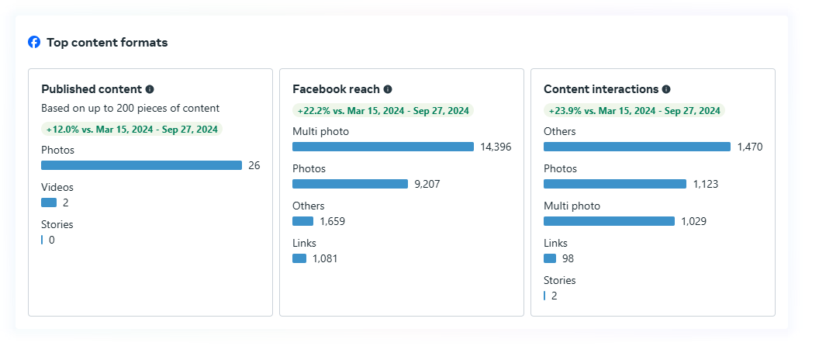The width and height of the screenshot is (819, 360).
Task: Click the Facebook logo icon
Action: pos(34,42)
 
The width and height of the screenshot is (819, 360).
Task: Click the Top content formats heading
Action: pos(107,43)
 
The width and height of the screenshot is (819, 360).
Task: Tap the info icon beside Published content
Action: pos(150,89)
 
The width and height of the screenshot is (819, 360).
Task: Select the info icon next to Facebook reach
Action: pos(388,89)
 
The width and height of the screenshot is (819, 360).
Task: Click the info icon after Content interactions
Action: pos(666,89)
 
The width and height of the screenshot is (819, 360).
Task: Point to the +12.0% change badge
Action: pos(132,130)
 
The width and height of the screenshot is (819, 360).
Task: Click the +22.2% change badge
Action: pos(383,111)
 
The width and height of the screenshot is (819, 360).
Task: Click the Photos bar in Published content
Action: pos(141,165)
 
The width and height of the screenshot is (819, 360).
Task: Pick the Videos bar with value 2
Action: pos(49,202)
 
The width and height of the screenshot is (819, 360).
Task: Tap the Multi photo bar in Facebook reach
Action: pos(382,147)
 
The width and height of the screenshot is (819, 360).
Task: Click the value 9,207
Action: pos(428,184)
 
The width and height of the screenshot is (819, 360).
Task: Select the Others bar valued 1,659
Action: pos(302,221)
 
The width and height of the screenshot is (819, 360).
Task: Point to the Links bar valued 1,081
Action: pos(299,258)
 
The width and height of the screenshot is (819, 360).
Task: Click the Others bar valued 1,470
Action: pos(637,147)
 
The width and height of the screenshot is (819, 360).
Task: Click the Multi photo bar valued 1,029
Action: pos(609,221)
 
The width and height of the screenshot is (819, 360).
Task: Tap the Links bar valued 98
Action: pos(550,258)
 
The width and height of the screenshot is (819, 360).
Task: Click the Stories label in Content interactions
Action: pos(559,280)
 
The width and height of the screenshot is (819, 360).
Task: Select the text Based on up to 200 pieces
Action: pos(130,109)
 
